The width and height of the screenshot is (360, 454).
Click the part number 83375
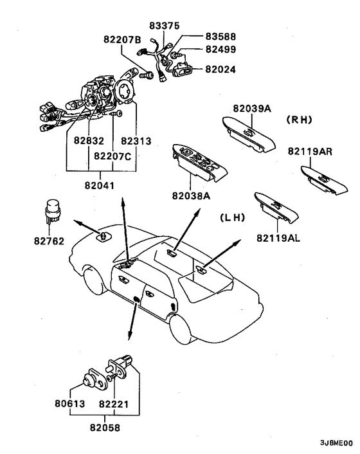pyautogui.click(x=165, y=26)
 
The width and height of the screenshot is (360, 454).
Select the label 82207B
pyautogui.click(x=122, y=39)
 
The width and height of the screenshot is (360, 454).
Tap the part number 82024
pyautogui.click(x=221, y=69)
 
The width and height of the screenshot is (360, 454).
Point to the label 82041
pyautogui.click(x=100, y=185)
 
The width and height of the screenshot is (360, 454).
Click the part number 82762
pyautogui.click(x=49, y=241)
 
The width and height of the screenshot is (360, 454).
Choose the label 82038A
pyautogui.click(x=192, y=196)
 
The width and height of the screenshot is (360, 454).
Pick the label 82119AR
pyautogui.click(x=310, y=151)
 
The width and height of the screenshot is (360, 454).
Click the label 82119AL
pyautogui.click(x=278, y=238)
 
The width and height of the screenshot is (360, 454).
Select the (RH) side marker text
pyautogui.click(x=299, y=120)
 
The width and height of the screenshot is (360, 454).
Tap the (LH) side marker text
pyautogui.click(x=233, y=217)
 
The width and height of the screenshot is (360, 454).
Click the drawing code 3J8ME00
pyautogui.click(x=336, y=443)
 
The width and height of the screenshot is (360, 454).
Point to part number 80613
pyautogui.click(x=70, y=404)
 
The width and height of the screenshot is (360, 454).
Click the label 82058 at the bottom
pyautogui.click(x=105, y=428)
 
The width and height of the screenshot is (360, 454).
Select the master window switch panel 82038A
pyautogui.click(x=199, y=163)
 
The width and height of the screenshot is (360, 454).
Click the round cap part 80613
pyautogui.click(x=87, y=380)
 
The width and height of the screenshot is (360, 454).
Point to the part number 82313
pyautogui.click(x=136, y=141)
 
